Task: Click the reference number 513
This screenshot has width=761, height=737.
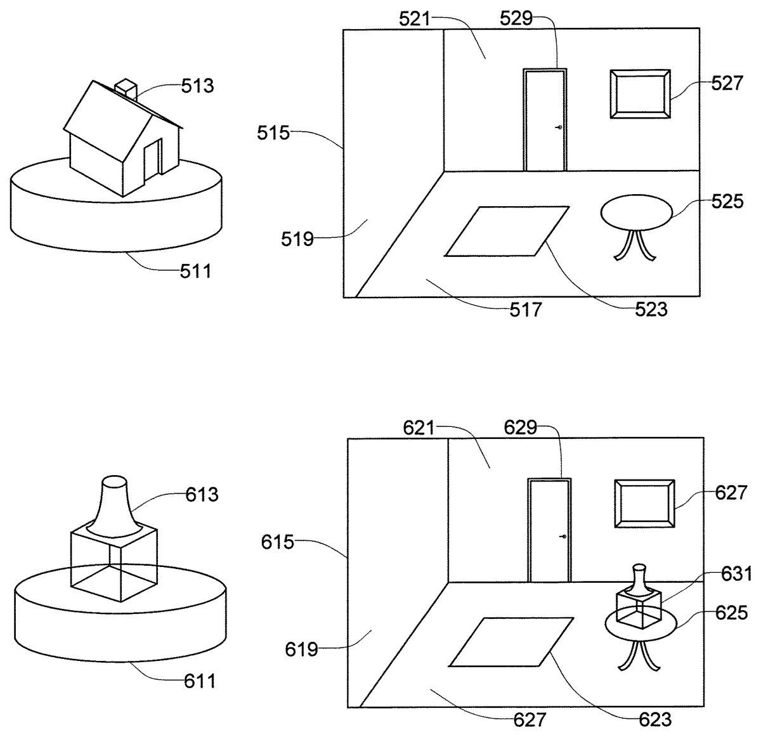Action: [197, 86]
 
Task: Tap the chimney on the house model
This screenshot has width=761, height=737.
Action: [126, 89]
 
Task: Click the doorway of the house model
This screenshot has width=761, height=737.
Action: [153, 160]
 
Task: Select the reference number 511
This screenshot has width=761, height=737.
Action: [195, 271]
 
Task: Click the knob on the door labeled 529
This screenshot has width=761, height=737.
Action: [560, 127]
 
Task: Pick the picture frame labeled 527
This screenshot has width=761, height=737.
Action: [640, 95]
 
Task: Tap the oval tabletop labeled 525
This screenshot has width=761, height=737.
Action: [637, 212]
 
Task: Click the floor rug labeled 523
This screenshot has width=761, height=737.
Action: [507, 232]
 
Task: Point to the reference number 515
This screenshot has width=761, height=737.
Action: [273, 133]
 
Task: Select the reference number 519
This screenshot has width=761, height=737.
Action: [297, 239]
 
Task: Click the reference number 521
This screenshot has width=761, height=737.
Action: [414, 20]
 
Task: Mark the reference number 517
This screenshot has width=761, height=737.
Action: [526, 310]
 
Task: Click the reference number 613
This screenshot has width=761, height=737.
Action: [202, 495]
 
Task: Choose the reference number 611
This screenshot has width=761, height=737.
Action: [200, 682]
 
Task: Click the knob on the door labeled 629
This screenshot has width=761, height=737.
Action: [564, 537]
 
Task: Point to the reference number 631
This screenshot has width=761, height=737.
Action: [736, 574]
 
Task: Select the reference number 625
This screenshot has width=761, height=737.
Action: [731, 613]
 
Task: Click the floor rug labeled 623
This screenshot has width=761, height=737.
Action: [511, 642]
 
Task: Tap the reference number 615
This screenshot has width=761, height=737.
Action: [277, 542]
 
